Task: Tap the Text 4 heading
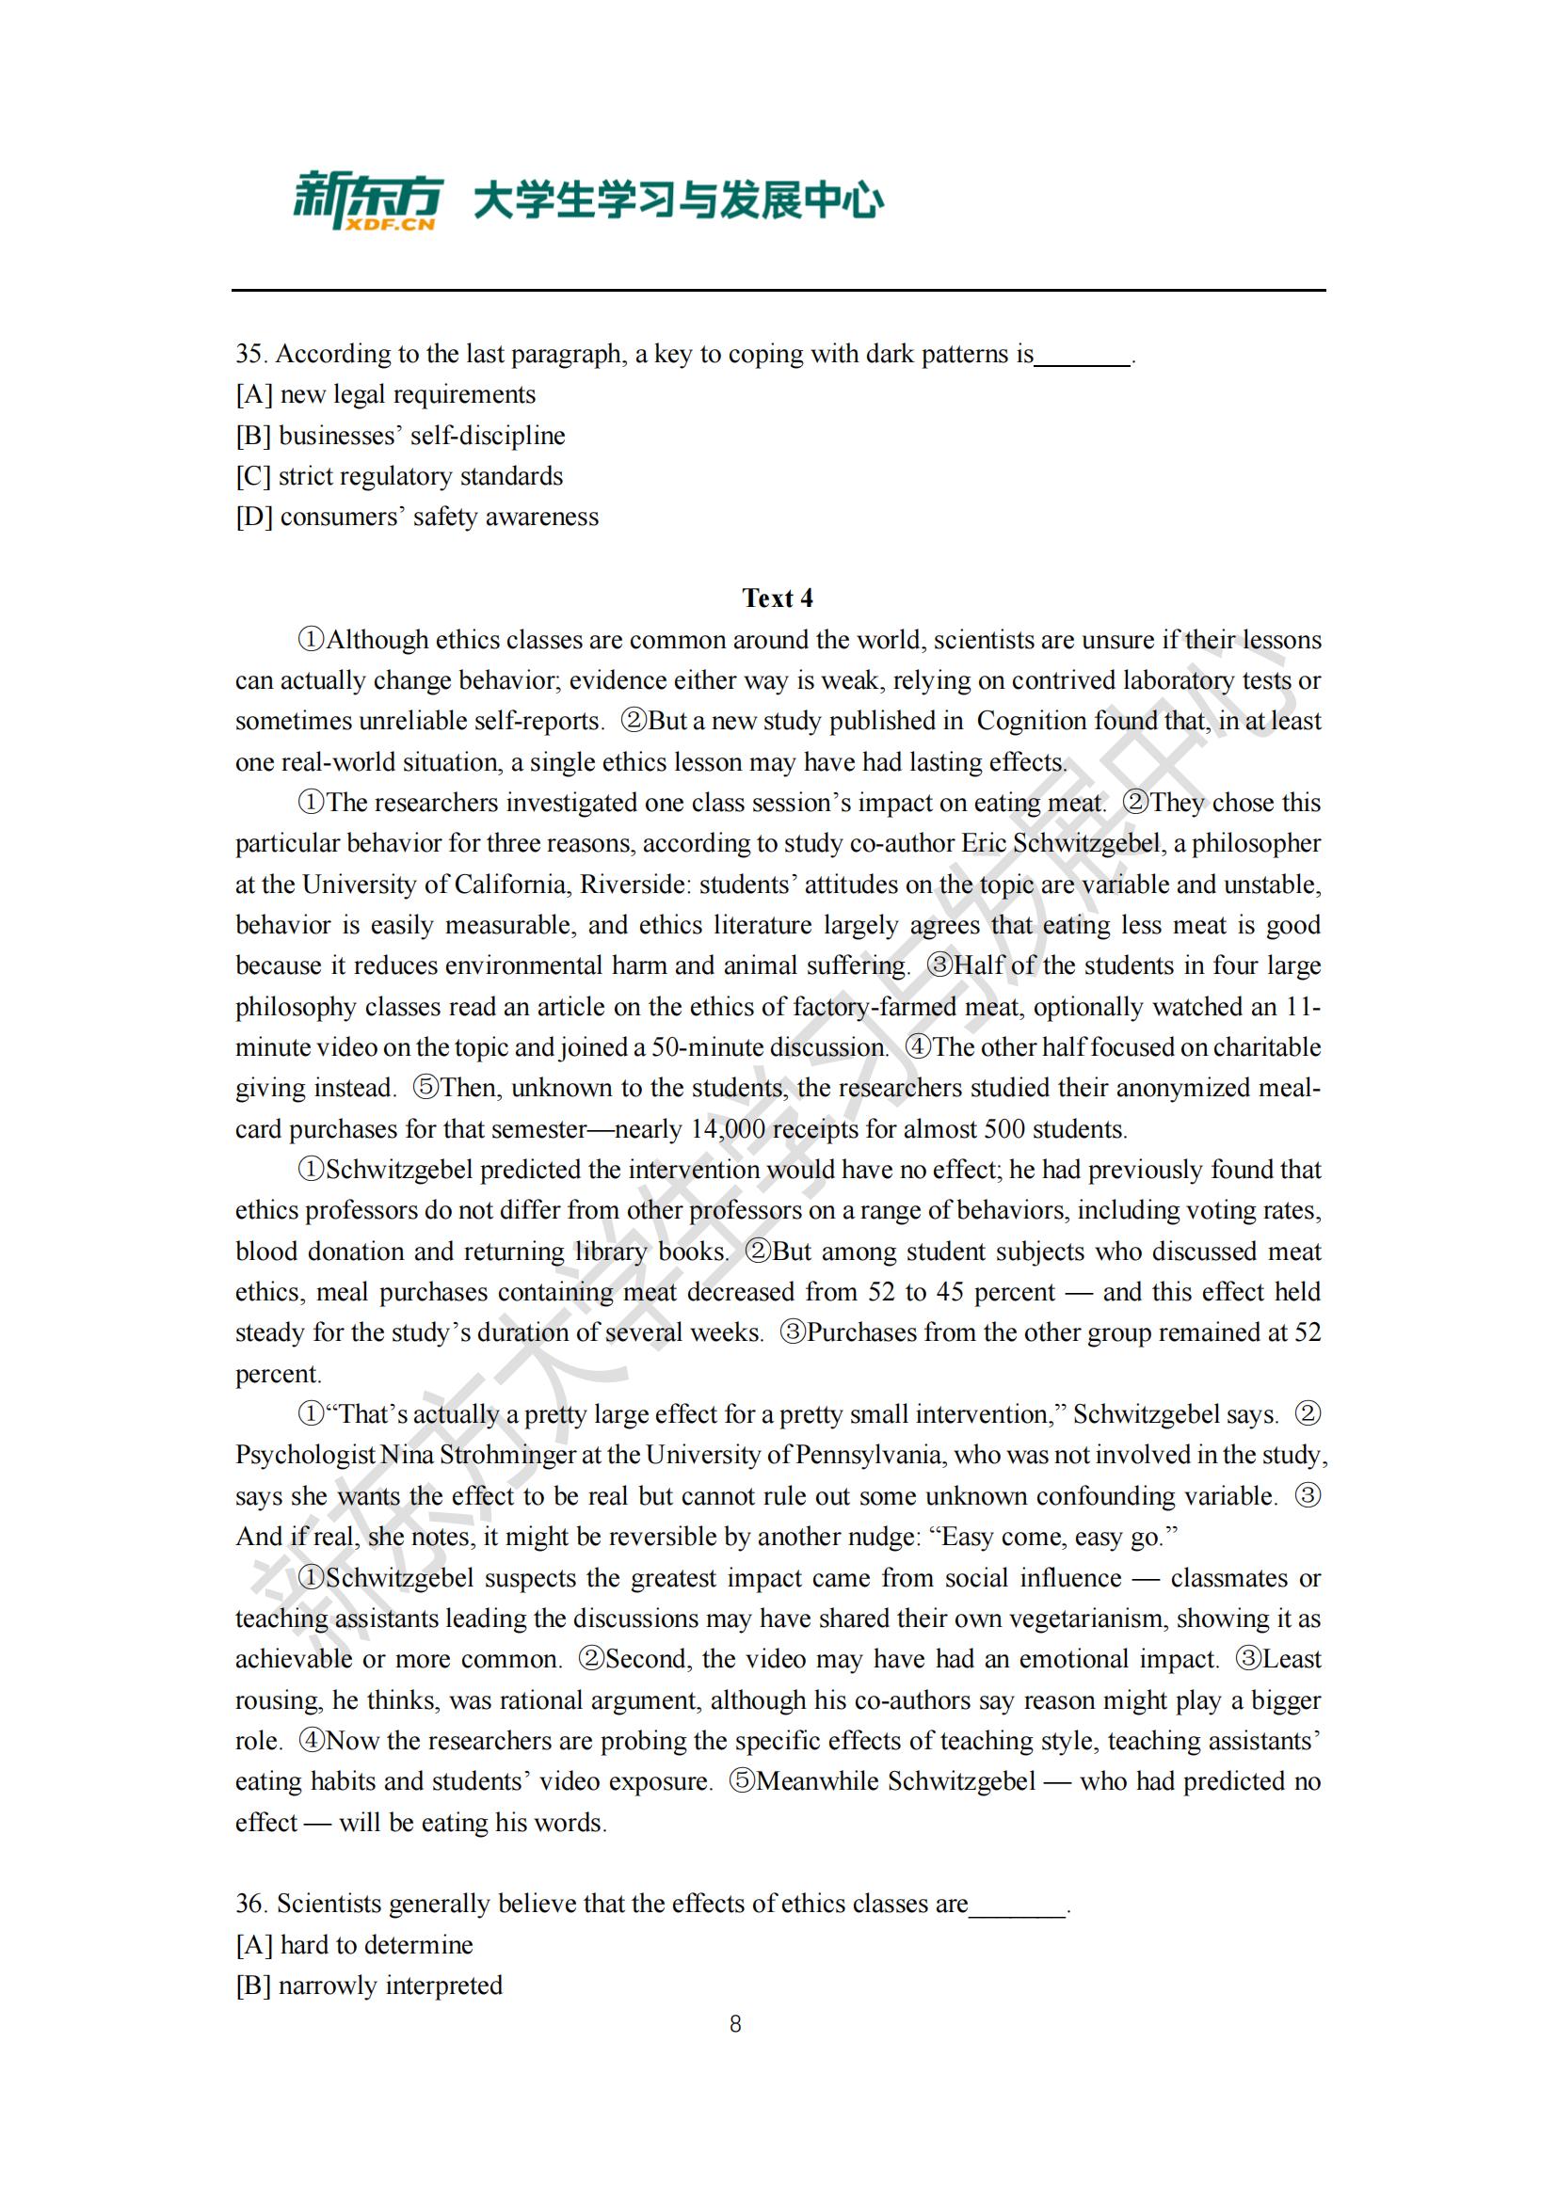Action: click(778, 598)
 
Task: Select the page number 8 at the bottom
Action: click(735, 2024)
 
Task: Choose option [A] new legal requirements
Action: click(385, 395)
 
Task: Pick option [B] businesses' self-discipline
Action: click(401, 437)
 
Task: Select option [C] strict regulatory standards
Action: click(399, 476)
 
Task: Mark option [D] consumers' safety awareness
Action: click(417, 518)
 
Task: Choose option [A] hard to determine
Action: click(354, 1944)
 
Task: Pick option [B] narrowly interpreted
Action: click(369, 1985)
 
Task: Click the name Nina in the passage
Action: click(408, 1455)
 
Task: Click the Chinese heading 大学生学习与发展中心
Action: click(679, 200)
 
